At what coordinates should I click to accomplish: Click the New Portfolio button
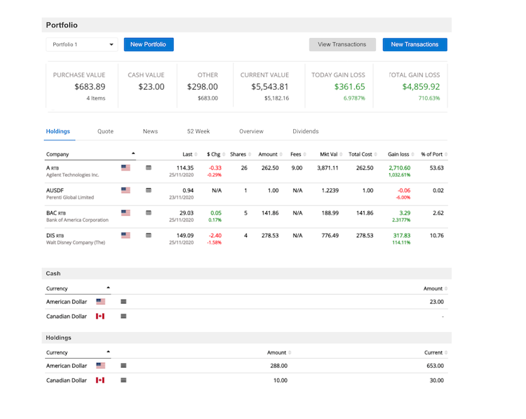pos(149,44)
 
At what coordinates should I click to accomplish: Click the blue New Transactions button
pos(414,44)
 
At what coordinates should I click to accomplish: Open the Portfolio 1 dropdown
pos(82,44)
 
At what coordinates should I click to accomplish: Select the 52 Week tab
pos(198,131)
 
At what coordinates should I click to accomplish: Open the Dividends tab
pos(305,131)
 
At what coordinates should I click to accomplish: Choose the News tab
pos(150,131)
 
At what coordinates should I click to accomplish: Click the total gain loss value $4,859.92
pos(421,87)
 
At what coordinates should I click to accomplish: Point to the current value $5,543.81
pos(270,87)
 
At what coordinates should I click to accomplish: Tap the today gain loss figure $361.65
pos(349,87)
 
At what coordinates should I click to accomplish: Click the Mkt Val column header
pos(329,154)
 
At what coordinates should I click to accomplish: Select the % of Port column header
pos(431,154)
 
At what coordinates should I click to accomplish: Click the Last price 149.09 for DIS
pos(184,235)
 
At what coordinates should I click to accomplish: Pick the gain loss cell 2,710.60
pos(398,168)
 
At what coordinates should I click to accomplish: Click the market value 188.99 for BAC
pos(330,213)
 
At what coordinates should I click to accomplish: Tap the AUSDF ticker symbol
pos(55,190)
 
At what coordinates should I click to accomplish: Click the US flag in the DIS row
pos(126,235)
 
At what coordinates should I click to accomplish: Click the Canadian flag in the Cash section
pos(100,317)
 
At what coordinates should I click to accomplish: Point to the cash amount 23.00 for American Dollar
pos(436,302)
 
